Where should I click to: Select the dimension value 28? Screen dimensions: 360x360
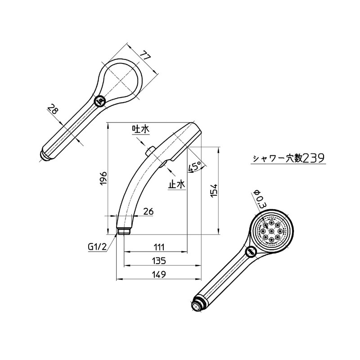[x=53, y=109]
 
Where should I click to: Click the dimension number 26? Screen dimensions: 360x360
[x=148, y=211]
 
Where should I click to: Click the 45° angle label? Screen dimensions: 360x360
[x=194, y=166]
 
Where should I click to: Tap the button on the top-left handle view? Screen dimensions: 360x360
[x=100, y=101]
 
